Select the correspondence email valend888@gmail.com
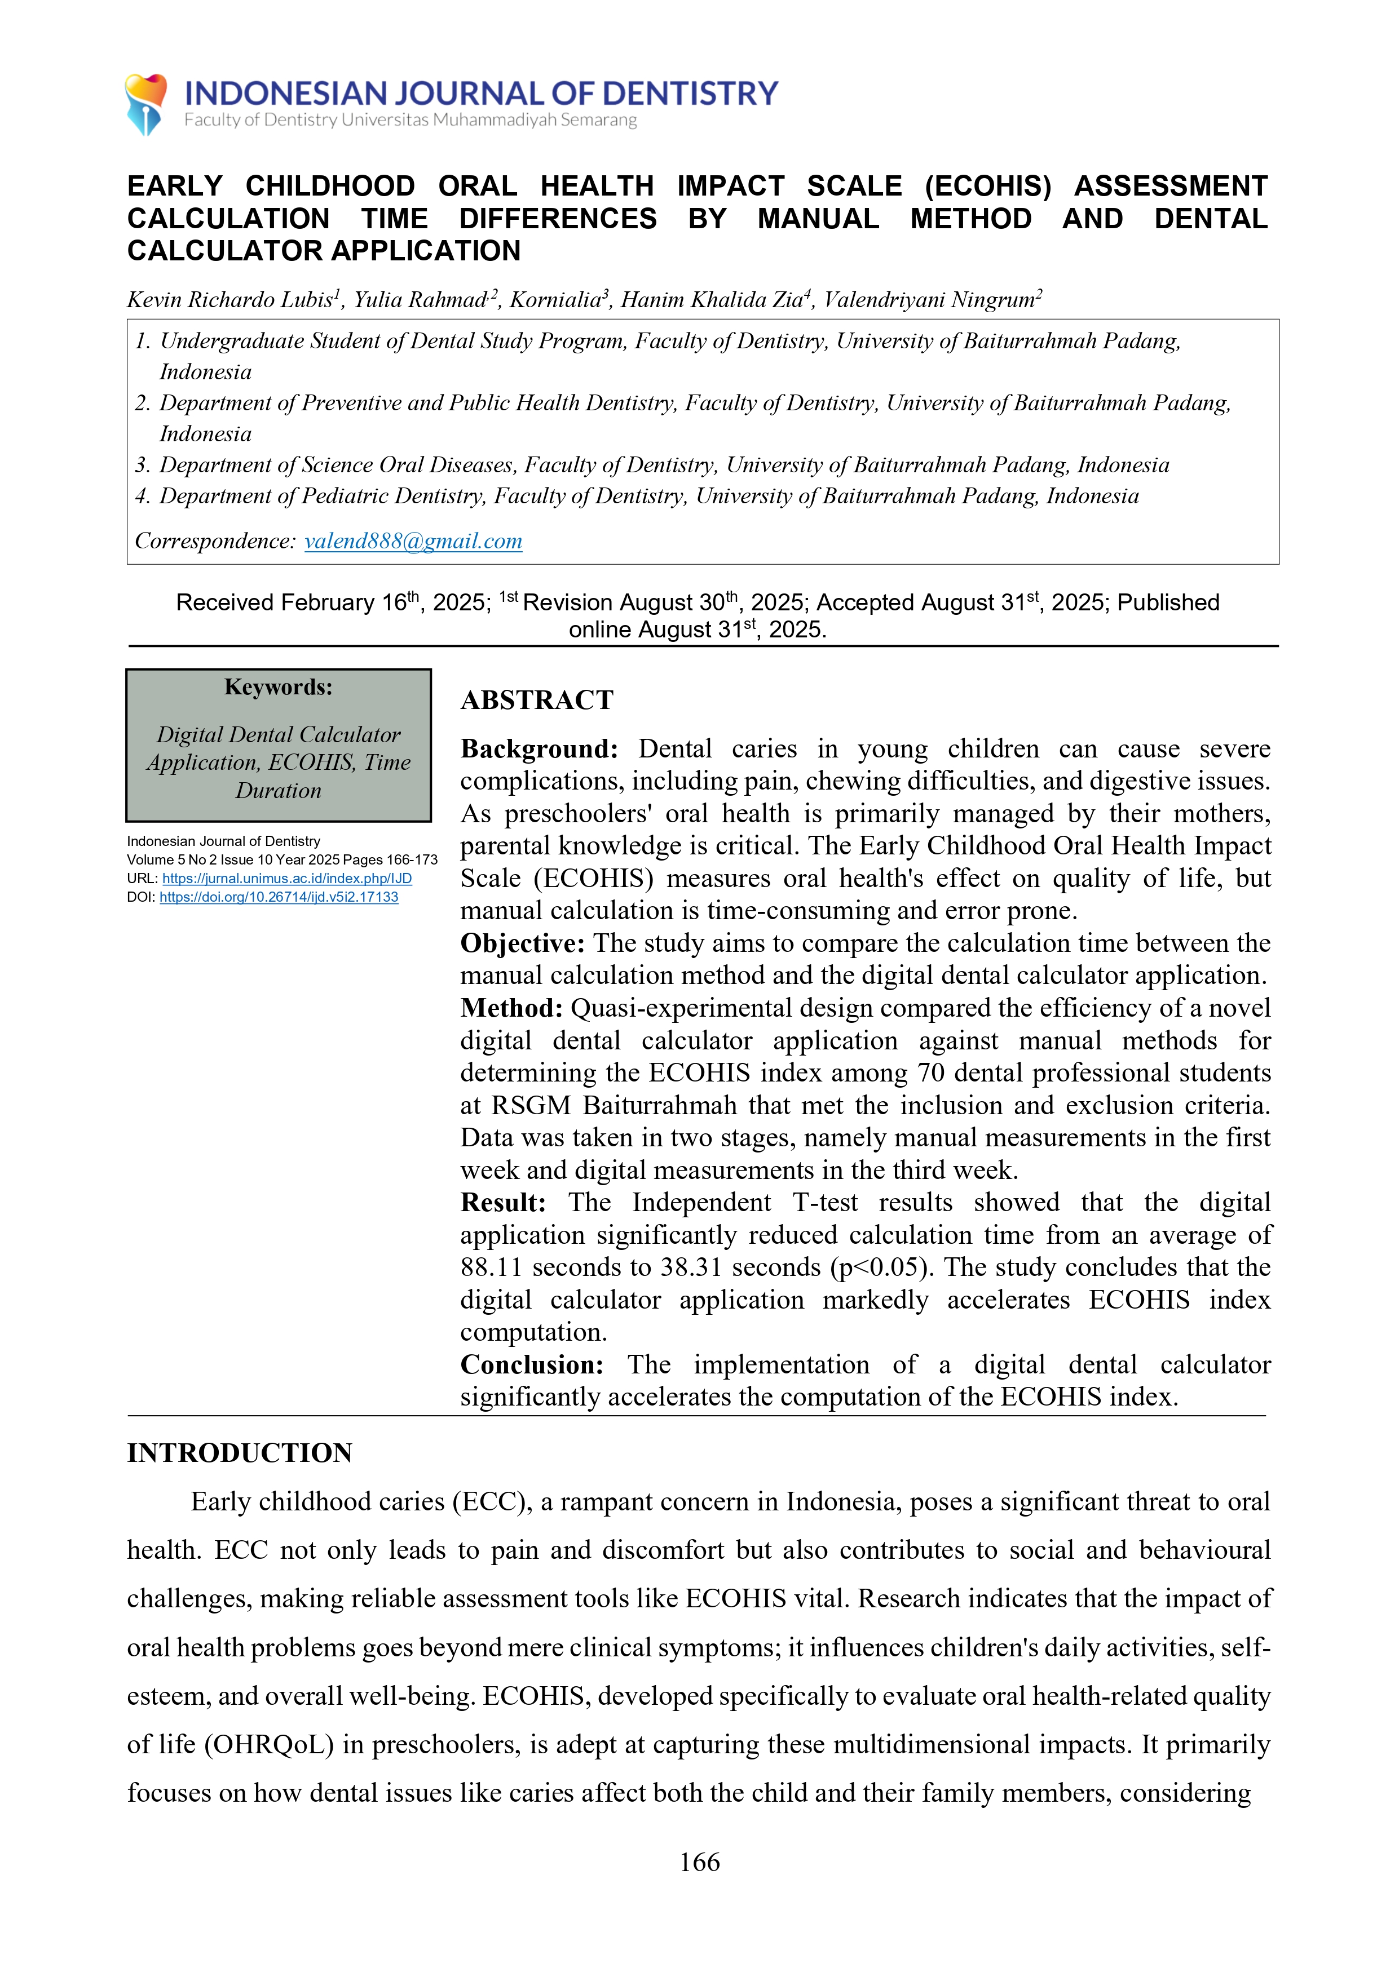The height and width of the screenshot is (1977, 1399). pyautogui.click(x=413, y=541)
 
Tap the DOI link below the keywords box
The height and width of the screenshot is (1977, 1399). pyautogui.click(x=279, y=897)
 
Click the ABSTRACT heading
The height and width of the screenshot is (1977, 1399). pyautogui.click(x=537, y=700)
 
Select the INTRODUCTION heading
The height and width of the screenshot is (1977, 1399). pyautogui.click(x=240, y=1453)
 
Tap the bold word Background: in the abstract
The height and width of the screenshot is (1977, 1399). pyautogui.click(x=539, y=749)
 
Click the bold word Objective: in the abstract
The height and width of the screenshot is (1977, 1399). pyautogui.click(x=522, y=944)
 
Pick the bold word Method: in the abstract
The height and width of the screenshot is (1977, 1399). pyautogui.click(x=511, y=1008)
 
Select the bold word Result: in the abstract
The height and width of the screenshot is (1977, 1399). pyautogui.click(x=503, y=1203)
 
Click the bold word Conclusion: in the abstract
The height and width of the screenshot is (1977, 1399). pyautogui.click(x=532, y=1365)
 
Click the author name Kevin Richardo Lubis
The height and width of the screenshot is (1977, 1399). pyautogui.click(x=229, y=300)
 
